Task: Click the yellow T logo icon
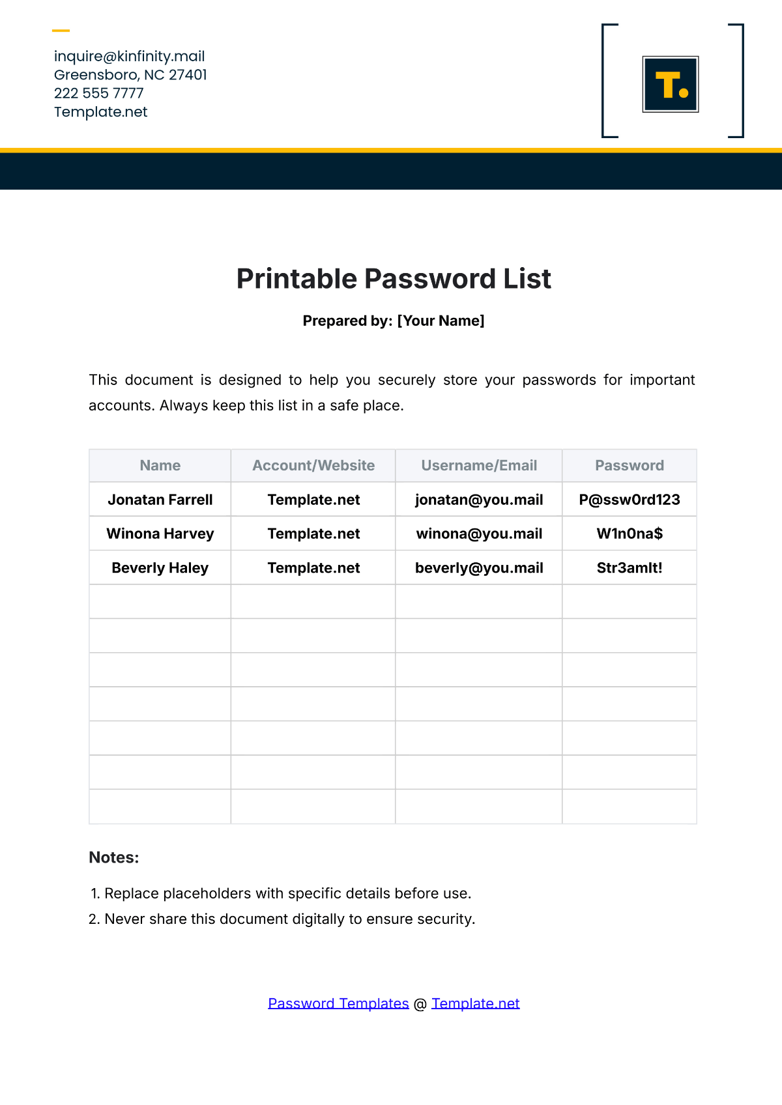click(x=671, y=84)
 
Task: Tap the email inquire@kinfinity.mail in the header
click(x=129, y=56)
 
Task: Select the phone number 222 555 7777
click(x=98, y=93)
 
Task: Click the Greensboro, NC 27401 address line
click(x=130, y=75)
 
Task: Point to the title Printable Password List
click(x=394, y=279)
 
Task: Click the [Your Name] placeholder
click(x=441, y=321)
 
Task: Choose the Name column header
click(x=160, y=465)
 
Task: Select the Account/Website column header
click(x=313, y=465)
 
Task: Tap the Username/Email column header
click(x=479, y=465)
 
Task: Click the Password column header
click(x=630, y=465)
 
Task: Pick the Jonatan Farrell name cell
click(x=160, y=500)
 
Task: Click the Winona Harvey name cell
click(x=160, y=534)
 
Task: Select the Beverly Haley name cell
click(x=160, y=568)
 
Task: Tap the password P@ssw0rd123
click(x=630, y=500)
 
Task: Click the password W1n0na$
click(x=630, y=534)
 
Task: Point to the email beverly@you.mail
click(x=479, y=568)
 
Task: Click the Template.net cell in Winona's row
click(x=313, y=534)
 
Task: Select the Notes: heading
click(x=114, y=857)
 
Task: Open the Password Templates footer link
click(x=338, y=1003)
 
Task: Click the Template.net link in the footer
click(x=475, y=1003)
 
